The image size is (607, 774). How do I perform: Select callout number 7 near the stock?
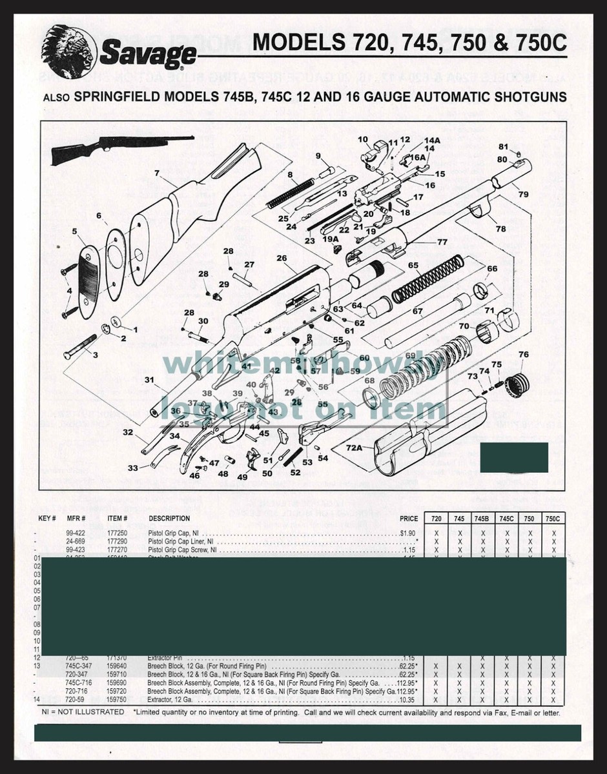pos(157,173)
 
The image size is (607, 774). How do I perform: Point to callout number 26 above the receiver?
pos(282,259)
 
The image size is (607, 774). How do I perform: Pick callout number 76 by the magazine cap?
pos(523,355)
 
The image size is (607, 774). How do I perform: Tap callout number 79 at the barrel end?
pos(522,194)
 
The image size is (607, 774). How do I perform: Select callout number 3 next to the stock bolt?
pos(95,355)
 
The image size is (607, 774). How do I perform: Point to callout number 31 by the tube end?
pos(149,379)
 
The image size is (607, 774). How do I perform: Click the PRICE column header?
pos(409,519)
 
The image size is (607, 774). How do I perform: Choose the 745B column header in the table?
pos(482,519)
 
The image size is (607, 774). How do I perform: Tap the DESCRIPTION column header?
pos(169,519)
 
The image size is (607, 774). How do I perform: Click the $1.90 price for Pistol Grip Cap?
pos(407,533)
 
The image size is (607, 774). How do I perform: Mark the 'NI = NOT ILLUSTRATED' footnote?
pos(83,712)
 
